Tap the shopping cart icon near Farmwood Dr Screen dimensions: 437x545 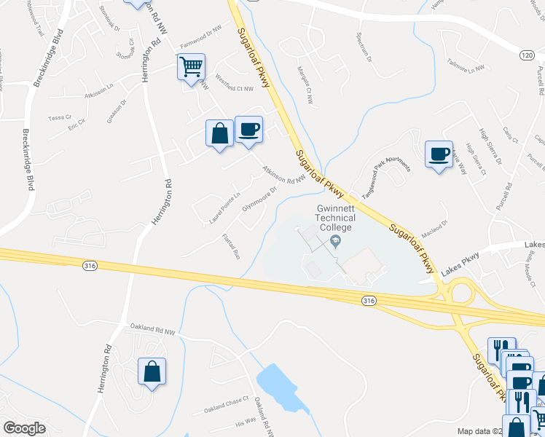click(x=191, y=68)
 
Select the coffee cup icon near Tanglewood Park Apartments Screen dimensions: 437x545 click(x=439, y=154)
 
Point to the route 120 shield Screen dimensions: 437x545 click(x=527, y=55)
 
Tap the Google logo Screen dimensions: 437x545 click(x=24, y=428)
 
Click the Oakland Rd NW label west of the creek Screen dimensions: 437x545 click(x=153, y=331)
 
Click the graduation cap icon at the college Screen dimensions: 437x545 click(x=335, y=241)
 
